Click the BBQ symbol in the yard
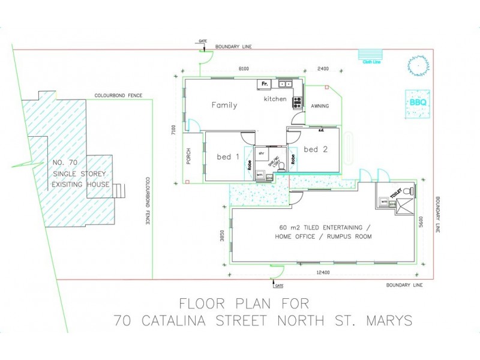(417, 102)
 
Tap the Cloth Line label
(370, 61)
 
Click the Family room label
(224, 105)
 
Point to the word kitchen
(275, 99)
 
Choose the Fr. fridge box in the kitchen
(265, 84)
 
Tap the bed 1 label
(227, 157)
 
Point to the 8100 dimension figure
(244, 70)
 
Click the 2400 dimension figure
(323, 70)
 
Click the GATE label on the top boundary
(202, 41)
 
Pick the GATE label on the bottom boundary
(279, 286)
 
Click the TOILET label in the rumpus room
(395, 193)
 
